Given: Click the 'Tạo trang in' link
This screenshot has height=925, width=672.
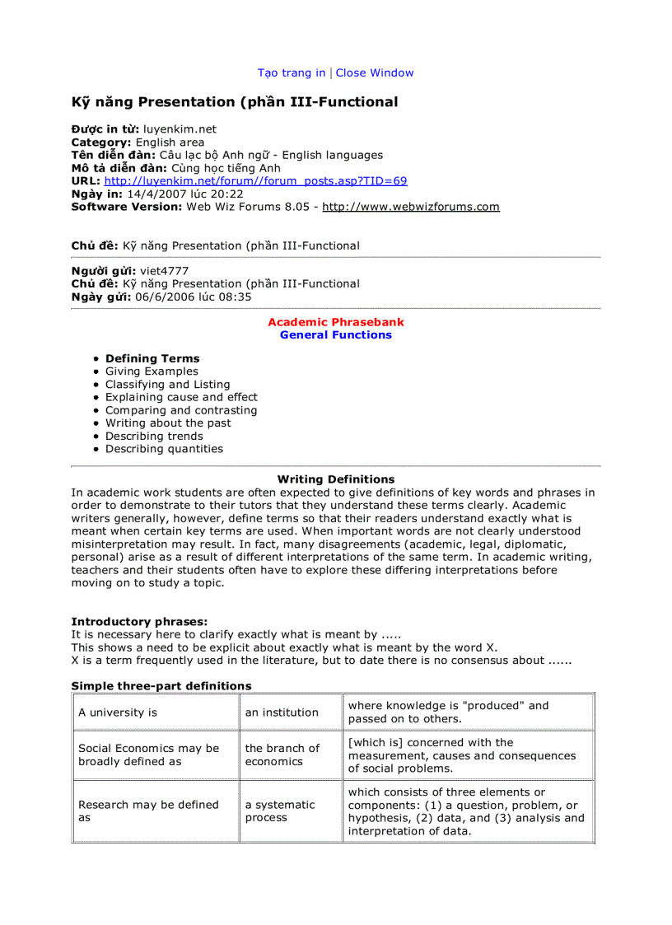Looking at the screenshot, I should (x=292, y=73).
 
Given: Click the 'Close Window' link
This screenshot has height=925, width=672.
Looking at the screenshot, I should (x=375, y=73).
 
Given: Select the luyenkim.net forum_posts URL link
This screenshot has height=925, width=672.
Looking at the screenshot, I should (x=255, y=181).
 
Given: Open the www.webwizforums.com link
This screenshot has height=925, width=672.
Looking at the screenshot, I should (x=410, y=207).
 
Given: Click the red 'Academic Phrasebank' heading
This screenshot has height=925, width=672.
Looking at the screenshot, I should (x=336, y=322).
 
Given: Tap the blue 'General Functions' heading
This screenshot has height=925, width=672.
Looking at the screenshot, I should (x=336, y=335).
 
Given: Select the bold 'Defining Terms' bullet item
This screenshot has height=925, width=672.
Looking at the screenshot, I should (x=152, y=359).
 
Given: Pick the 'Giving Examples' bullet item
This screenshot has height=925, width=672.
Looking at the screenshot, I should (x=152, y=371).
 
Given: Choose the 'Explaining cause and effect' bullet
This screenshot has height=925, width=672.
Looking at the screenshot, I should (x=181, y=397).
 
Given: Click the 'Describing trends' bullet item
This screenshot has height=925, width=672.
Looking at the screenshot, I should (x=154, y=437).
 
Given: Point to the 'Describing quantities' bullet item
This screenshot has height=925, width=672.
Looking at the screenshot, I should (x=164, y=449).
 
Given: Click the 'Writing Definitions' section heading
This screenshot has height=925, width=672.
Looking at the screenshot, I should (x=336, y=479).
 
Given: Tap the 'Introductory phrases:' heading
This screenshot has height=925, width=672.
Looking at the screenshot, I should (x=139, y=622).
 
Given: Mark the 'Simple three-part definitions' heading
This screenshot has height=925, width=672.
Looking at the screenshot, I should (x=161, y=686).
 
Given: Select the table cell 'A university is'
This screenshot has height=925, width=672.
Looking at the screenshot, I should (x=118, y=712).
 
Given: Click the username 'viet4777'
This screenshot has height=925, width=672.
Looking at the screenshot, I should (x=164, y=271).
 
